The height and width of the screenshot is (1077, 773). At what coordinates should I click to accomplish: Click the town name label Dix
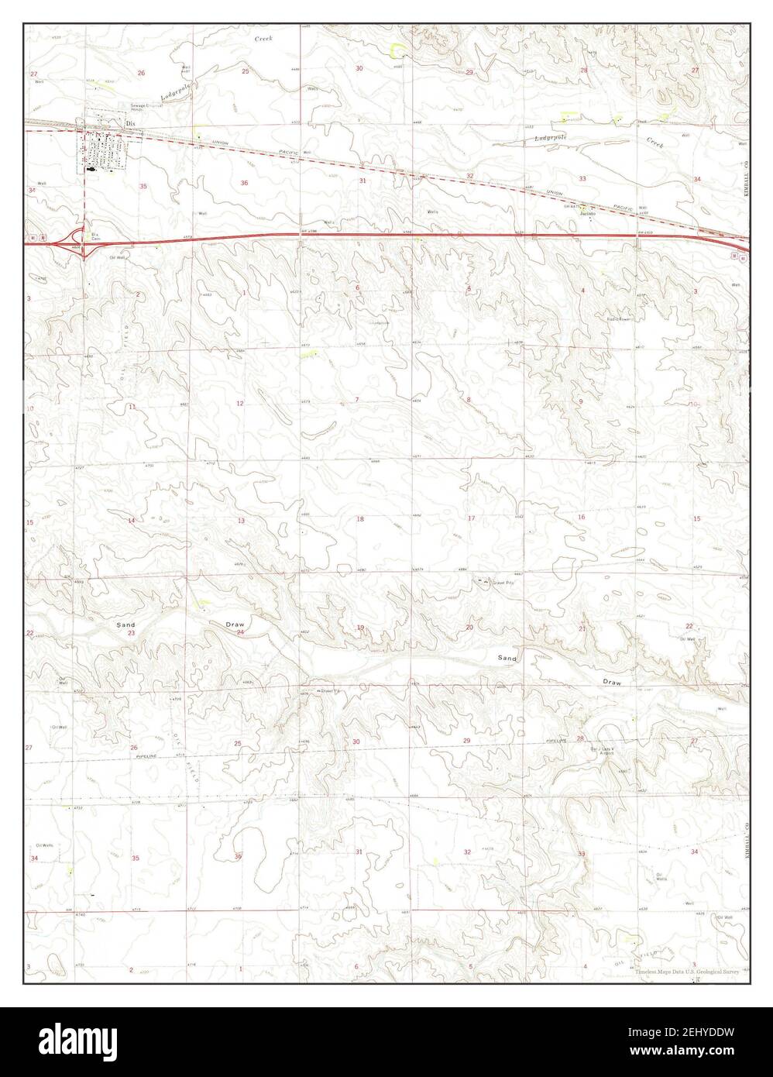point(131,122)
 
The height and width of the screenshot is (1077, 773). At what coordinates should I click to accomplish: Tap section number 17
point(470,518)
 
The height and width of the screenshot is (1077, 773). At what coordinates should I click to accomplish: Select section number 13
point(241,521)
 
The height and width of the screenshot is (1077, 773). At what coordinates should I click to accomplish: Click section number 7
point(356,400)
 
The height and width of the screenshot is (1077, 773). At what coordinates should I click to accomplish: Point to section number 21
point(582,628)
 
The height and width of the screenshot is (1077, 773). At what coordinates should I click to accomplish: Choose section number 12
point(240,403)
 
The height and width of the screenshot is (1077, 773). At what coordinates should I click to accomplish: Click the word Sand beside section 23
point(125,625)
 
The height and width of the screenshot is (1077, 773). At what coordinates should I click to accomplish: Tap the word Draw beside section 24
point(235,624)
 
